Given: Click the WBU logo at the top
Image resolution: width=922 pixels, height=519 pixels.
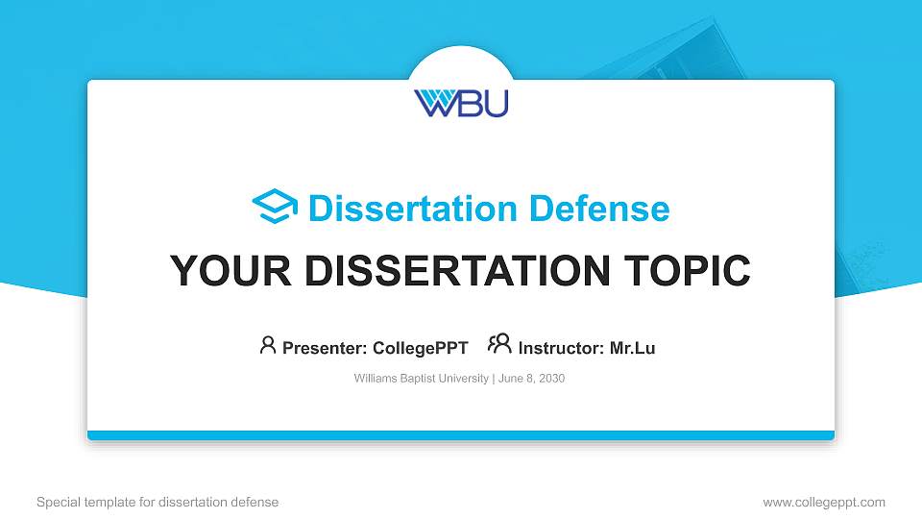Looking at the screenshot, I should pyautogui.click(x=461, y=102).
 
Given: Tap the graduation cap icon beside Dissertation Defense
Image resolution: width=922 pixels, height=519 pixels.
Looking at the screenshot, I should pyautogui.click(x=275, y=208).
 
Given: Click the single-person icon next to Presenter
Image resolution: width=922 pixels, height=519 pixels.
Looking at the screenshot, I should pyautogui.click(x=268, y=345).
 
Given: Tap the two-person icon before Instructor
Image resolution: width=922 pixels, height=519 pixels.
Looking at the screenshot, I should pyautogui.click(x=499, y=344).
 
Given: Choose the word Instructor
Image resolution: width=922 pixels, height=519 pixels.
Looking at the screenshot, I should pyautogui.click(x=559, y=348).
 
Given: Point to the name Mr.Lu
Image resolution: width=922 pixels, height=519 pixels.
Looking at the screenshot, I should pyautogui.click(x=632, y=348).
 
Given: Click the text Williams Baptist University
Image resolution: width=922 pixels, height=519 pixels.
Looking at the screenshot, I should pyautogui.click(x=422, y=379).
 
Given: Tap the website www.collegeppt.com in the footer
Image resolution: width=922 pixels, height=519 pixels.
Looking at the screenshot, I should pyautogui.click(x=824, y=502).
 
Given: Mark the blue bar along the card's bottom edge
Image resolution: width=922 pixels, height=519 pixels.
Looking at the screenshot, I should pyautogui.click(x=461, y=435).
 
